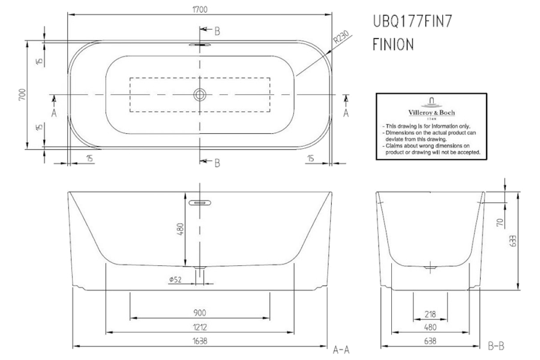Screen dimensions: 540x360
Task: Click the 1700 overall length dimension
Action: tap(200, 10)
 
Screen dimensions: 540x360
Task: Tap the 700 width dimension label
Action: tap(22, 95)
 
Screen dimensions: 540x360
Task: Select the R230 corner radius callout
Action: tap(341, 37)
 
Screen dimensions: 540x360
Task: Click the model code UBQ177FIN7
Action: tap(412, 22)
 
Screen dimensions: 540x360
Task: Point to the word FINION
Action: tap(393, 44)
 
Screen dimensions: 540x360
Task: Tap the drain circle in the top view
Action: tap(200, 94)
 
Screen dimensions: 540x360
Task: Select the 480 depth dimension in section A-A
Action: tap(181, 229)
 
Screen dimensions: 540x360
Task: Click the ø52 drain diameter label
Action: tap(175, 280)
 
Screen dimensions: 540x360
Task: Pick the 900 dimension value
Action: tap(200, 313)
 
